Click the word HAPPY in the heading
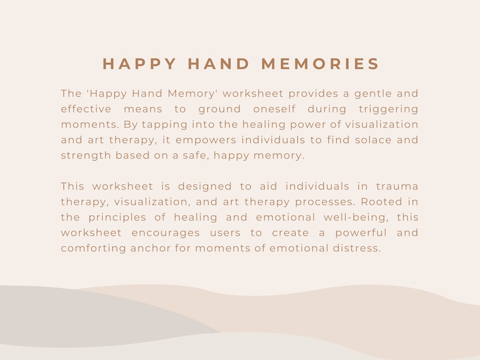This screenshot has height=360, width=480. pos(140,64)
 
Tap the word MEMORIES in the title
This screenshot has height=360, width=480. pos(320,64)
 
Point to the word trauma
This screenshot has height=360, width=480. pos(397,186)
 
